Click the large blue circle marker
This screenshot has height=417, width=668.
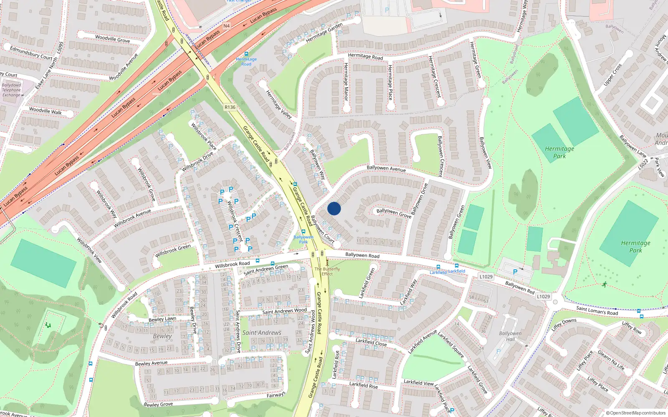[x=334, y=208]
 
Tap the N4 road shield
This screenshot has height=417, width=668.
[x=226, y=26]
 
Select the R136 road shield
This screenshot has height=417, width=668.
[x=230, y=107]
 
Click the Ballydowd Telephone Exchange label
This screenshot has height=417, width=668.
[x=12, y=90]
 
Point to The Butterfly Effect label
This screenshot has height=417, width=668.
[x=327, y=271]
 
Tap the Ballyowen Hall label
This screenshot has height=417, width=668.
[x=510, y=336]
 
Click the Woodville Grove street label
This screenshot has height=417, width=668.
[x=112, y=39]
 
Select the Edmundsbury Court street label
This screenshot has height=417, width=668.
[x=31, y=53]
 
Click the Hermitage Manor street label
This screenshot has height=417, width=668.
[x=346, y=81]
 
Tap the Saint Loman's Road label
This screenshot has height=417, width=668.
[x=597, y=311]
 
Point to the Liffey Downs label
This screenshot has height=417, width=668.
[x=564, y=324]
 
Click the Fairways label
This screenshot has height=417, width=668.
[x=276, y=394]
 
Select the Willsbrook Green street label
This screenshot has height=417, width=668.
[x=173, y=251]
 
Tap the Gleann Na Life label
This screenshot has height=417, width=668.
[x=611, y=360]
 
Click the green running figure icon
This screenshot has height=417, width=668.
[x=604, y=284]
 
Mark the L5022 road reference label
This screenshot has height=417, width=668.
[x=643, y=164]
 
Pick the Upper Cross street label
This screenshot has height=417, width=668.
[x=612, y=75]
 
